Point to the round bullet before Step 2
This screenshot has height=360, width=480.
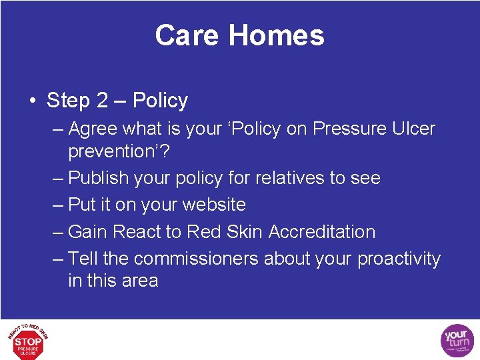tap(32, 101)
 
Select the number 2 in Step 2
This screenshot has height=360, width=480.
tap(102, 101)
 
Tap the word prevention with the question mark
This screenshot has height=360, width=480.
tap(119, 151)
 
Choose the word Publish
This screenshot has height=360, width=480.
tap(98, 178)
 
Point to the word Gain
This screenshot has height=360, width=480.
tap(88, 232)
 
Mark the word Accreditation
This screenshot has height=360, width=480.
tap(322, 232)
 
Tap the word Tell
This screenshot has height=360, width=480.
tap(83, 259)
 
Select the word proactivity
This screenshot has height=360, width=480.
tap(399, 259)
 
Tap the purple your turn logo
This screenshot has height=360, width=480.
tap(457, 340)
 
